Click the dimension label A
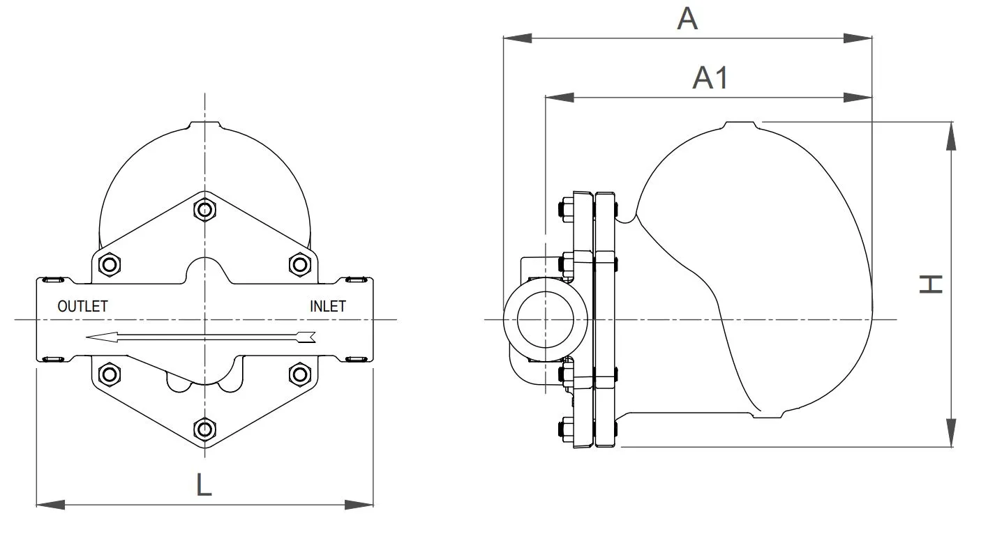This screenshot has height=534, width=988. point(687,20)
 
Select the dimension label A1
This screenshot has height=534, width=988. point(710,78)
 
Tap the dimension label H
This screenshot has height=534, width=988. point(931,284)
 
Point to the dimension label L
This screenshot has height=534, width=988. point(203,484)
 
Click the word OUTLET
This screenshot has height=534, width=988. point(82,306)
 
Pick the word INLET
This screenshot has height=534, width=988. point(327,306)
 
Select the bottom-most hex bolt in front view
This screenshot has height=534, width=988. point(204,429)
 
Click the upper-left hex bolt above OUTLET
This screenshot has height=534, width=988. point(109,264)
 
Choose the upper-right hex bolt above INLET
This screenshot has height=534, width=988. point(299,264)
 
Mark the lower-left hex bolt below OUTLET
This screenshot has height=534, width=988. point(109,374)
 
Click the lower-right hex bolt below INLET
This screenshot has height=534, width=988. point(299,374)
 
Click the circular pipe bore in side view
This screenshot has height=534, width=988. point(545,321)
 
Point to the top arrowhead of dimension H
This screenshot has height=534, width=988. point(950,135)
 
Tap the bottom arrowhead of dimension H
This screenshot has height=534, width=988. point(950,433)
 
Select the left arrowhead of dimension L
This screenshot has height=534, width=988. point(50,504)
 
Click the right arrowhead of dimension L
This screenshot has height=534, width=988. point(360,504)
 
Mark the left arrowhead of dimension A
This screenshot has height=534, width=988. point(518,38)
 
